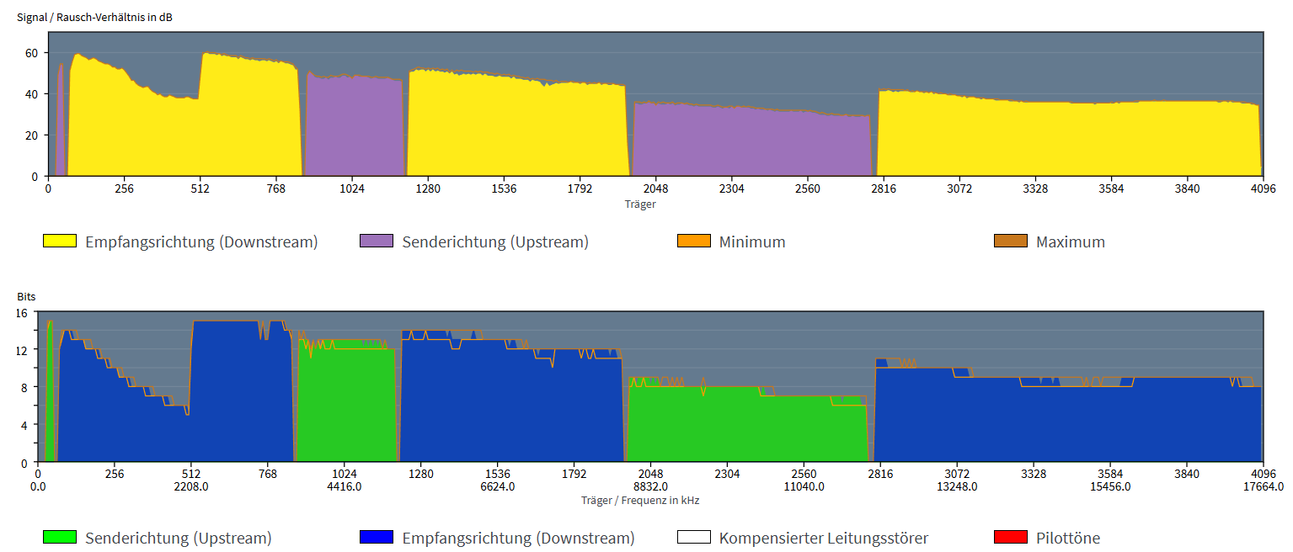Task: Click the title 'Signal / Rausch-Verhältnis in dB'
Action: click(x=94, y=17)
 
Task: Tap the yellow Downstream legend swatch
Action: click(x=60, y=241)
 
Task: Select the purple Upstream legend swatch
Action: click(x=377, y=241)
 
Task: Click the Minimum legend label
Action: click(x=751, y=241)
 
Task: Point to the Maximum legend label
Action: click(x=1070, y=241)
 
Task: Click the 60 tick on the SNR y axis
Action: click(x=31, y=53)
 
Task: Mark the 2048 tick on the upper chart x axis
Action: click(x=655, y=188)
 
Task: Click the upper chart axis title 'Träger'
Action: click(x=640, y=204)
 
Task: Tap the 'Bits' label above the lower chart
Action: click(x=26, y=297)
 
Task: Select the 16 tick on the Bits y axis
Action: click(x=22, y=312)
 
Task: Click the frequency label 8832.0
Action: click(x=651, y=486)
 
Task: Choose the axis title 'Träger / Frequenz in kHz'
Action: click(x=640, y=500)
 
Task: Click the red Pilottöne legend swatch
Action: click(x=1011, y=538)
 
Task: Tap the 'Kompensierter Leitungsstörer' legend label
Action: click(x=823, y=538)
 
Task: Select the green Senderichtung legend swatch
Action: click(x=60, y=538)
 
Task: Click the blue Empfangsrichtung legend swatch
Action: click(x=377, y=538)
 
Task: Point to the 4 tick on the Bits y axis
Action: click(x=25, y=425)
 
